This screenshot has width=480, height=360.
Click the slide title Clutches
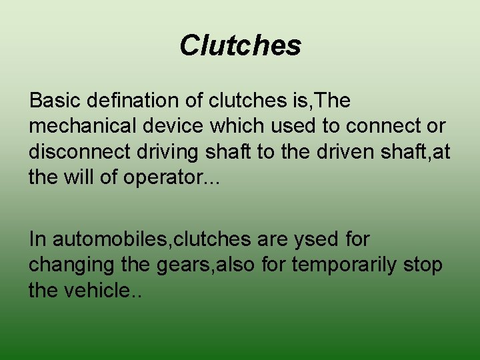pos(240,45)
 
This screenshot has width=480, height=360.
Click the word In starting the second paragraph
pos(37,239)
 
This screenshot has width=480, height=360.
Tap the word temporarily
pos(347,265)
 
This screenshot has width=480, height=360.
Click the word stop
pos(425,265)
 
